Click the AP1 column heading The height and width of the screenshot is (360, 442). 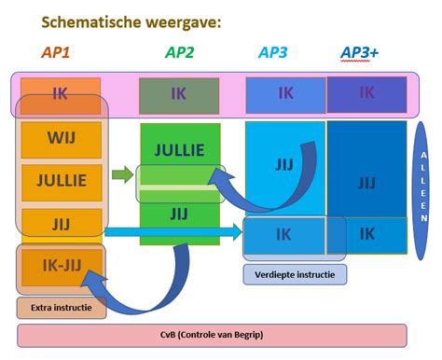tap(56, 52)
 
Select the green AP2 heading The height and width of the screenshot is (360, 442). tap(179, 52)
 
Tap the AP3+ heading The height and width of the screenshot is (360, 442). tap(360, 52)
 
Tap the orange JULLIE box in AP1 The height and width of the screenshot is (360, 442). tap(60, 181)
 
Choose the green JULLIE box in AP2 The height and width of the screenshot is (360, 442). tap(179, 149)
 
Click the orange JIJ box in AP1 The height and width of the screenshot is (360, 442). tap(60, 224)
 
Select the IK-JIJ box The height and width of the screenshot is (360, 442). tap(60, 265)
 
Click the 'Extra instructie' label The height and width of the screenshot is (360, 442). tap(61, 307)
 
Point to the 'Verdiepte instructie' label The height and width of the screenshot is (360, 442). tap(295, 274)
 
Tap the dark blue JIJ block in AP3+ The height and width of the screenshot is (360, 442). tap(366, 182)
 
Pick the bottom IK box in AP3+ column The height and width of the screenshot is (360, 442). tap(366, 234)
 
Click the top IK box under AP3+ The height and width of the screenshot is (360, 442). tap(366, 94)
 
